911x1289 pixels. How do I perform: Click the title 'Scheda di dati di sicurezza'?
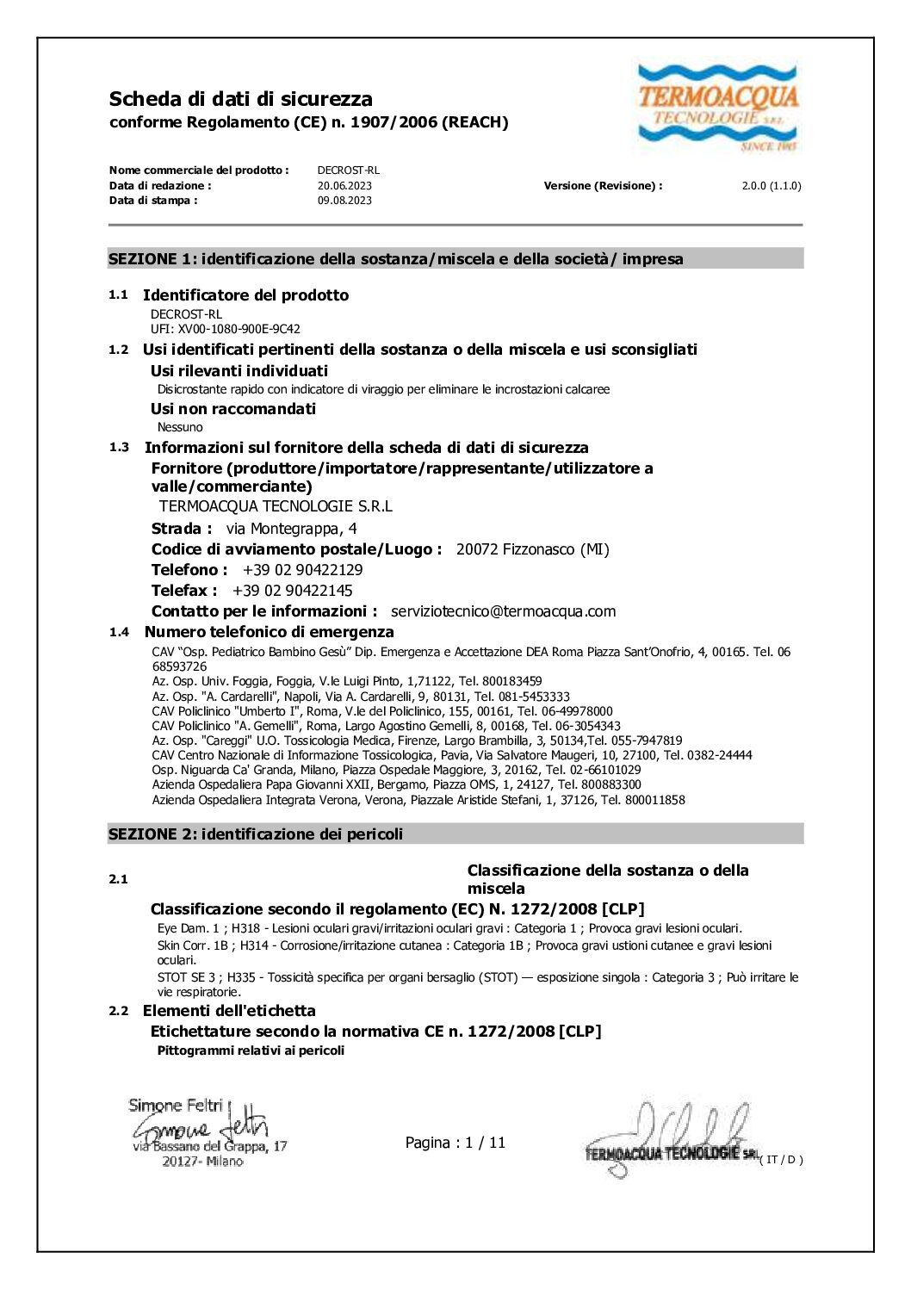pos(241,99)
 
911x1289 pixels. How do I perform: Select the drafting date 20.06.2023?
pos(344,186)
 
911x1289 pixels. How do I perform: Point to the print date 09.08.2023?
pos(344,201)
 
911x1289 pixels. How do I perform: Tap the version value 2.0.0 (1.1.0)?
pos(772,186)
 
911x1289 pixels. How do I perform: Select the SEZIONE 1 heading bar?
pos(455,259)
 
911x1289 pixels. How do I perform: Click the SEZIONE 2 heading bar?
pos(455,834)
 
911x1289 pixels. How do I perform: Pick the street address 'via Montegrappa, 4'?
pos(291,529)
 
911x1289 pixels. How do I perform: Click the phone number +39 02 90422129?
pos(303,570)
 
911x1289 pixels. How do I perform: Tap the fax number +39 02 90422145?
pos(293,591)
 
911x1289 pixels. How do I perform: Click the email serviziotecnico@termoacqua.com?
pos(503,611)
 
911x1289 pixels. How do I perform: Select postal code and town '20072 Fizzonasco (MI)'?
pos(532,549)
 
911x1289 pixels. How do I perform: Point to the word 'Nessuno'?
pos(180,427)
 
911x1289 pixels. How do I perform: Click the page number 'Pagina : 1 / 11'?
pos(455,1143)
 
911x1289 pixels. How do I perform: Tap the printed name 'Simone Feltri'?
pos(176,1105)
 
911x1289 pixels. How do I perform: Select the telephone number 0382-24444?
pos(719,755)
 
